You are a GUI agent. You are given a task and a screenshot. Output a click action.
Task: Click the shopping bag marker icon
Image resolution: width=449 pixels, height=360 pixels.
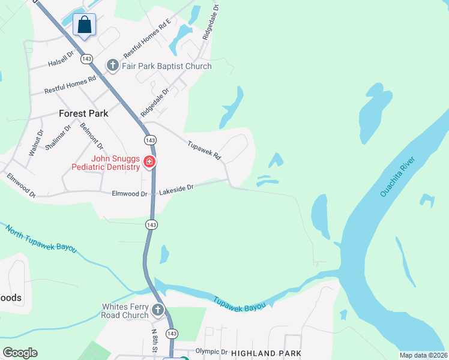tap(85, 25)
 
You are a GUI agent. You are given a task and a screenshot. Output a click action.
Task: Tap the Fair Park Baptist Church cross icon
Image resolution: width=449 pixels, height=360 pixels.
tap(112, 65)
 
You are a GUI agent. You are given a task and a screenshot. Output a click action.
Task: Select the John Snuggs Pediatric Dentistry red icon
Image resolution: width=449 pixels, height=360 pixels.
tap(149, 161)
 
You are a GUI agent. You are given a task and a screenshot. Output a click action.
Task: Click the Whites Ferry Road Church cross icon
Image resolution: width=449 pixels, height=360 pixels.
tap(158, 310)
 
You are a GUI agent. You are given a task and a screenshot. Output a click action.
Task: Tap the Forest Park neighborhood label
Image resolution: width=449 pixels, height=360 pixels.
tap(83, 113)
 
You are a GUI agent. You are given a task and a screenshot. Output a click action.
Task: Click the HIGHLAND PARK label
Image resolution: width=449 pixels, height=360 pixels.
tap(266, 353)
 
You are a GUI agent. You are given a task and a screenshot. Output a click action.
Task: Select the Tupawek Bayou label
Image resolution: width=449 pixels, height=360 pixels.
tap(239, 302)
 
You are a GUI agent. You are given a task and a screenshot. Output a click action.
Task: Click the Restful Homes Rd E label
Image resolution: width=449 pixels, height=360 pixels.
tap(147, 38)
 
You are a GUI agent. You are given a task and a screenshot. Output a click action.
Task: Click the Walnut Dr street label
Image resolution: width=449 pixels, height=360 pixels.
tap(35, 143)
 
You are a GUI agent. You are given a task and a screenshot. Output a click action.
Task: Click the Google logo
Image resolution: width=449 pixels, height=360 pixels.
tap(20, 353)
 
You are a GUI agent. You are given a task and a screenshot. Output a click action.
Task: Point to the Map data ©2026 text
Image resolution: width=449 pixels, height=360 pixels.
tap(423, 355)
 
